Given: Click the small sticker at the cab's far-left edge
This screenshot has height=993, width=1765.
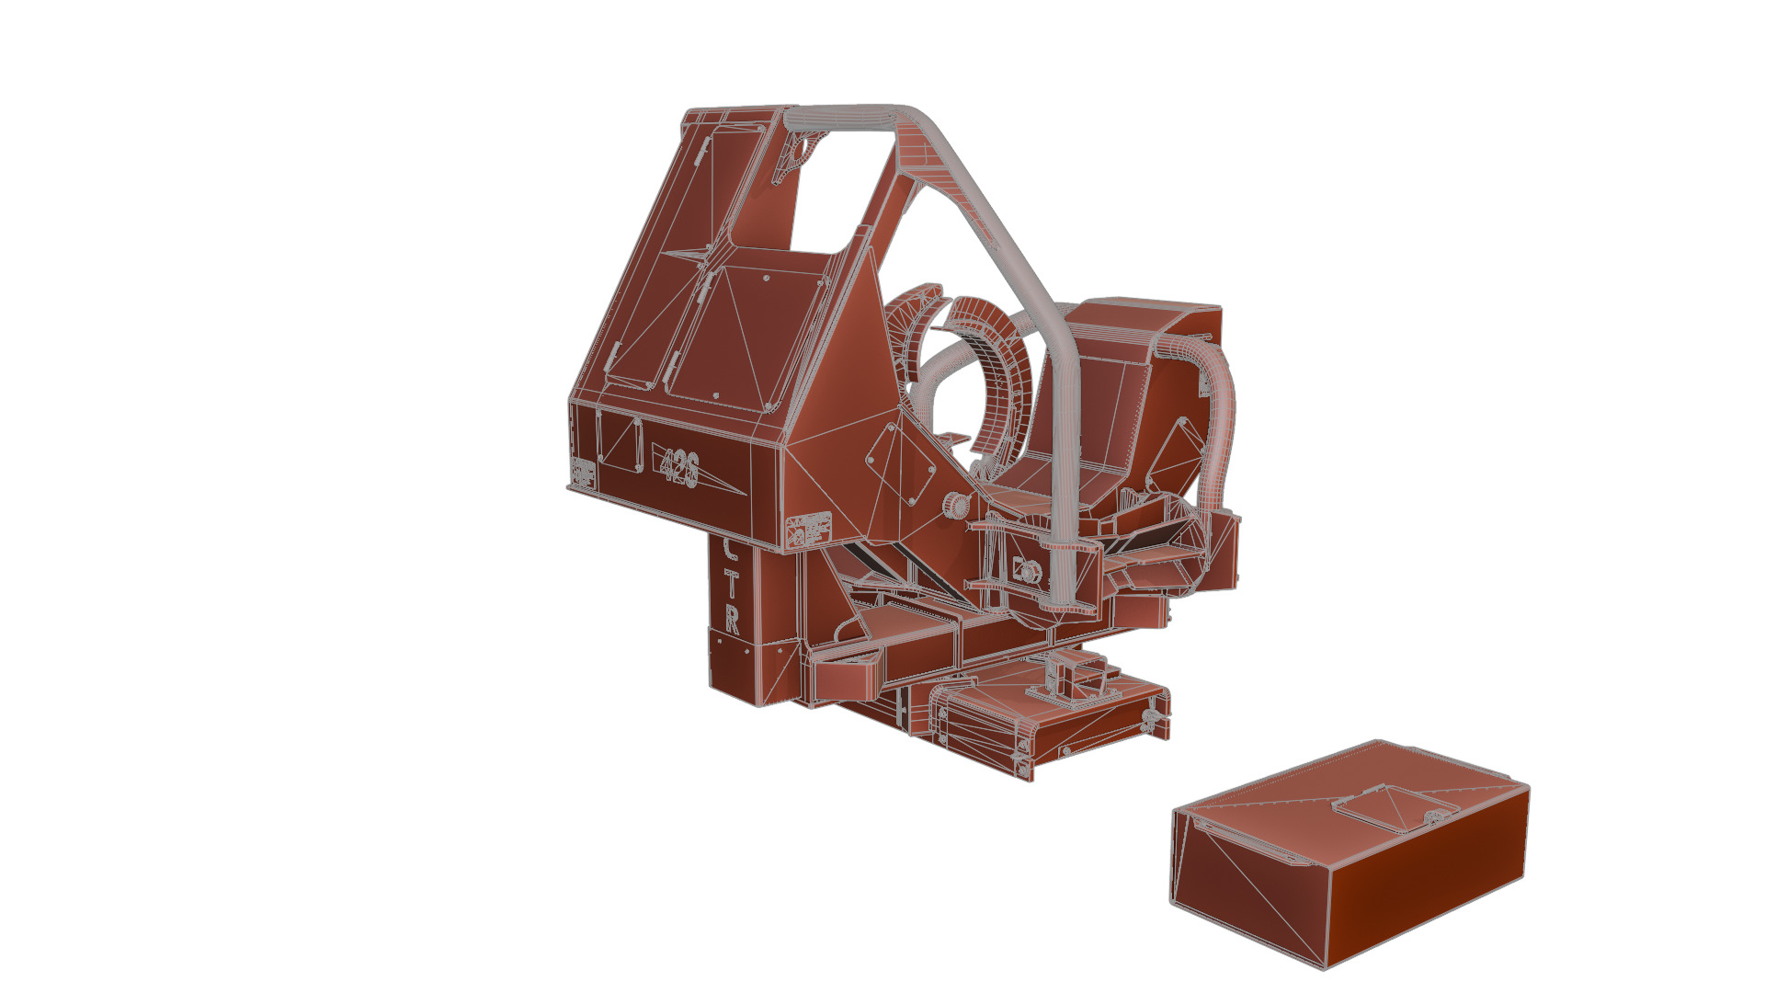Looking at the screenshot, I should [x=582, y=473].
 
